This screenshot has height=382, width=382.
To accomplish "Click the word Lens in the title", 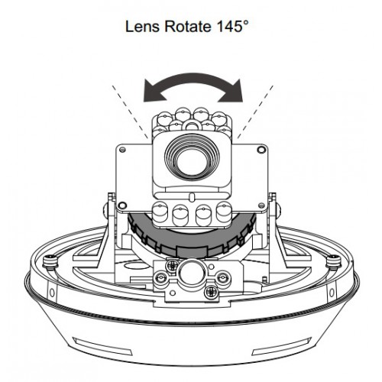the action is pos(142,27).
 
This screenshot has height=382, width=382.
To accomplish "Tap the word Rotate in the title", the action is pos(188,27).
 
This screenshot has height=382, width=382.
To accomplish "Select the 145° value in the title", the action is pos(232,27).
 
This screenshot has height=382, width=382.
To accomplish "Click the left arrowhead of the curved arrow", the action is pos(152,91).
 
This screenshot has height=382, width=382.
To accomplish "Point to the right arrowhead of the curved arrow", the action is pos(232,91).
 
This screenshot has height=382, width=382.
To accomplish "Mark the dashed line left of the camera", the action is pos(130,112).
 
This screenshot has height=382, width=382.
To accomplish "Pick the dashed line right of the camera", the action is pos(255,112).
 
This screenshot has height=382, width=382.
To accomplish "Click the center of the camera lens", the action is pos(192,160).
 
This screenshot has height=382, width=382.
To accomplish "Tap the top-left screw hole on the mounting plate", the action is pos(122,150).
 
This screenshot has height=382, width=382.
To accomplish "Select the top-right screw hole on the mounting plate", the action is pos(261,150).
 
